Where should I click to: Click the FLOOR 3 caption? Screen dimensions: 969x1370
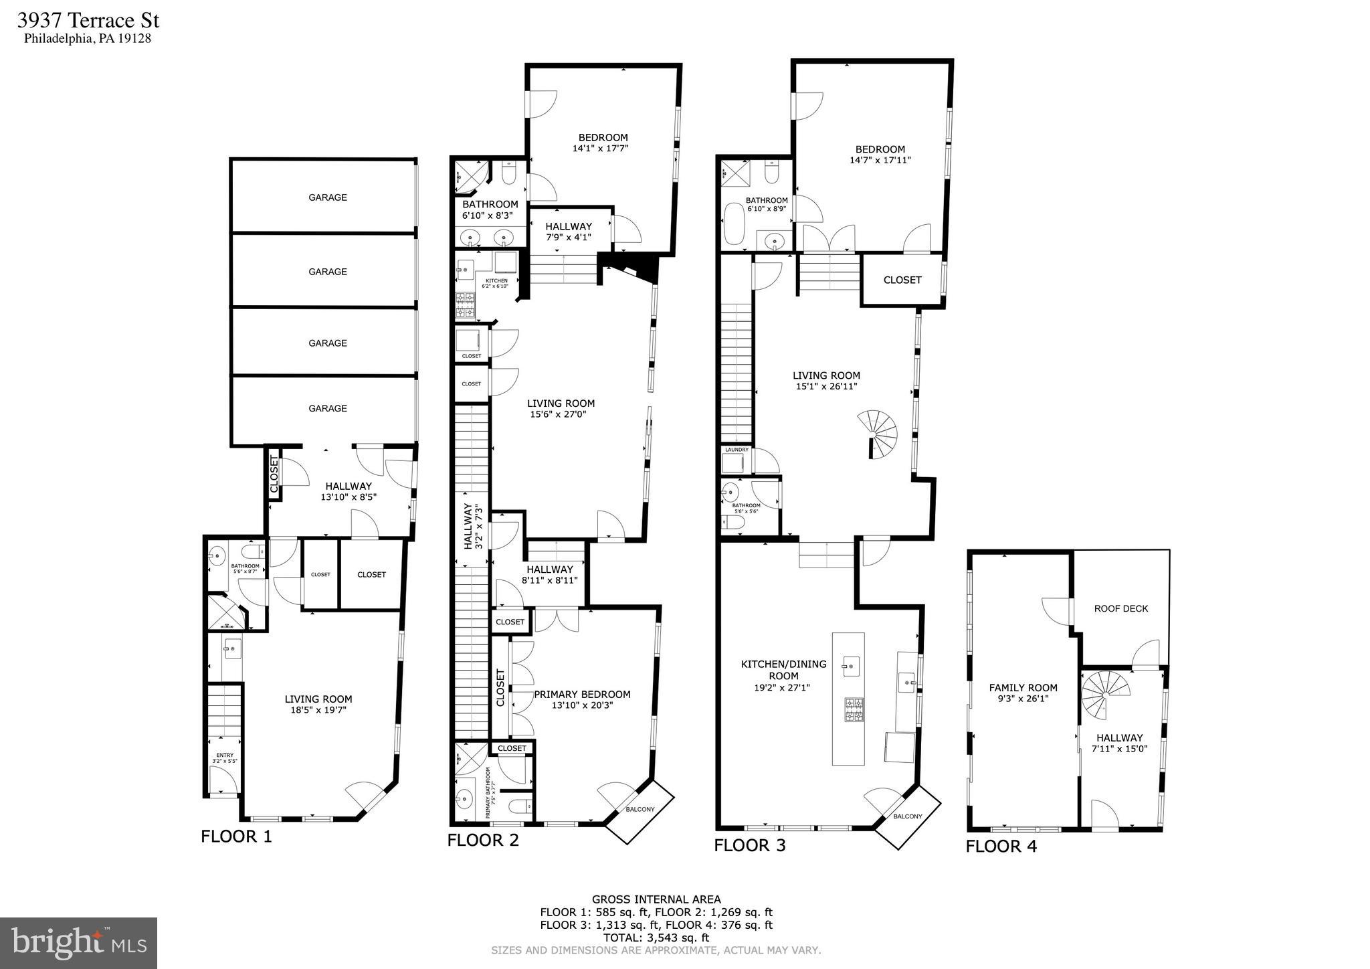click(749, 845)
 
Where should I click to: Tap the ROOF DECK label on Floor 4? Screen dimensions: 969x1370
click(1120, 608)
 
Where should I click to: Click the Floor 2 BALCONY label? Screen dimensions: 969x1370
click(640, 809)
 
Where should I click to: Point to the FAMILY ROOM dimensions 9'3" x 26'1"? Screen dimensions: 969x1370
click(1023, 699)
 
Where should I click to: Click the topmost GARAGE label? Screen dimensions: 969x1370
click(327, 197)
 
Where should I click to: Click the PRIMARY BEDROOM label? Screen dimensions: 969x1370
click(582, 694)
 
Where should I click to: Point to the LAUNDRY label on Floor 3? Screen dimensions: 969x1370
click(737, 450)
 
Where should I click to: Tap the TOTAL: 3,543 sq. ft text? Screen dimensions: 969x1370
click(656, 938)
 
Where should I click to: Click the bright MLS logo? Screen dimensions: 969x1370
click(78, 943)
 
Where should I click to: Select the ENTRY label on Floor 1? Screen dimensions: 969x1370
click(224, 755)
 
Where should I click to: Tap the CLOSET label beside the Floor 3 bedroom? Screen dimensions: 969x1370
click(902, 280)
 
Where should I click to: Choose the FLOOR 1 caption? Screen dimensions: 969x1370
click(236, 836)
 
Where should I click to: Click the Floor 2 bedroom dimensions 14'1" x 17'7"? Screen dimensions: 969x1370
click(600, 149)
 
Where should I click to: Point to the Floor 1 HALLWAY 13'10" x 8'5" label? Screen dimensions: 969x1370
click(349, 491)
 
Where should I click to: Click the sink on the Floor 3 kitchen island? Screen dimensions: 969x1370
click(851, 667)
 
